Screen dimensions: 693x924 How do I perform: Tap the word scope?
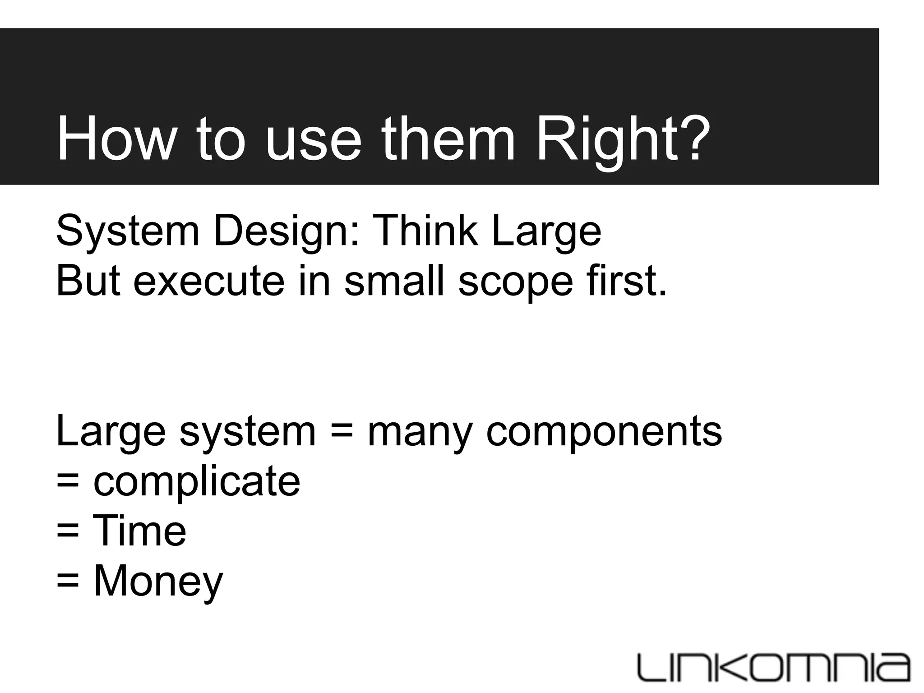point(516,282)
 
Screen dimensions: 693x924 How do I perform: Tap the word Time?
point(139,531)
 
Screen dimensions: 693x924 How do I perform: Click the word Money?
point(158,582)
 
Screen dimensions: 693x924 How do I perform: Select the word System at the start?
point(128,232)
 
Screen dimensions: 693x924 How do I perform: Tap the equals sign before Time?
point(68,531)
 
